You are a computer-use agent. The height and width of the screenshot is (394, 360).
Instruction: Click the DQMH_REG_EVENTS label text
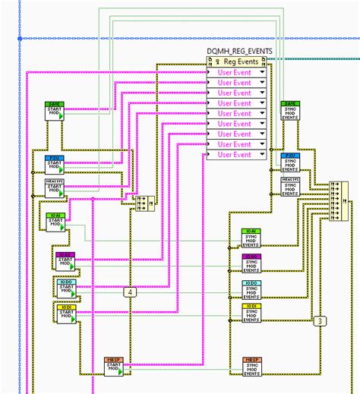point(238,51)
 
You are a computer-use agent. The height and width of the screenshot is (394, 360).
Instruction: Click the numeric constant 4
point(130,292)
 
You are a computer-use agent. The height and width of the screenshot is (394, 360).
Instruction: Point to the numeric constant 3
point(321,320)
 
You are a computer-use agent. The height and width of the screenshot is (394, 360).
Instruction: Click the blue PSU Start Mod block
point(55,163)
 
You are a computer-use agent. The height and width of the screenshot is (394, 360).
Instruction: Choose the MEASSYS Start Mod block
point(55,187)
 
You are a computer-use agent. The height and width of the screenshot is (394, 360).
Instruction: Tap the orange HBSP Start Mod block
point(114,366)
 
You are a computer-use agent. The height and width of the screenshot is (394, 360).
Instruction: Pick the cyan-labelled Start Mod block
point(65,287)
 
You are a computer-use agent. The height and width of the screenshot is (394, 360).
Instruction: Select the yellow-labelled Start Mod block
point(65,313)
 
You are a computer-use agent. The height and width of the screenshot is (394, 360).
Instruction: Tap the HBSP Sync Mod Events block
point(253,366)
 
